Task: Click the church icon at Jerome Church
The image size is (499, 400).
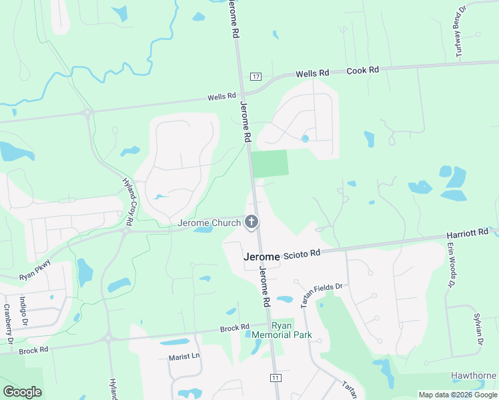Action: [252, 221]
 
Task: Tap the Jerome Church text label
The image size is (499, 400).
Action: [209, 223]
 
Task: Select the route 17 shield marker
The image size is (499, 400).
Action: [256, 77]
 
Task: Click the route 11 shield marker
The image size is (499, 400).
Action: [274, 377]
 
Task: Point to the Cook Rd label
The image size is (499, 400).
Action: [363, 70]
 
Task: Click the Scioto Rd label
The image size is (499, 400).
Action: [302, 253]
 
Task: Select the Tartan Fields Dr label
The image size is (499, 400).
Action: [320, 293]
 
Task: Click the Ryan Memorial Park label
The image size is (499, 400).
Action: [282, 329]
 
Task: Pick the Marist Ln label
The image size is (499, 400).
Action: [185, 357]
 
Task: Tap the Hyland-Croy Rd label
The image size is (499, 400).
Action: [131, 199]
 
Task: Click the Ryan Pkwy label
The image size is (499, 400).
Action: [35, 269]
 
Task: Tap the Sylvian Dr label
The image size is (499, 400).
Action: [478, 328]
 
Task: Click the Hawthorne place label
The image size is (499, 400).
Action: [474, 375]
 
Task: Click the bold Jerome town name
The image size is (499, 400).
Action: [262, 256]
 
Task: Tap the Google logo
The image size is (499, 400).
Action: [22, 392]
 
